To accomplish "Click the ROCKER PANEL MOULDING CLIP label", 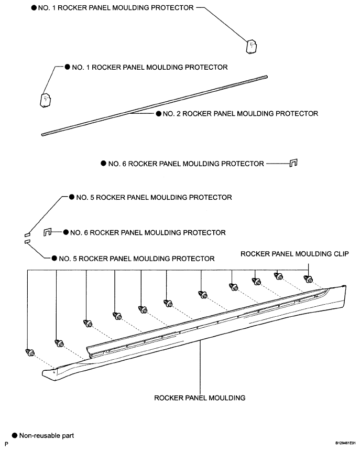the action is click(294, 254).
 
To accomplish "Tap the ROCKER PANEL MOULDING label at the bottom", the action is click(200, 398).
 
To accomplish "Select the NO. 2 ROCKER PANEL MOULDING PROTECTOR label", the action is click(241, 114).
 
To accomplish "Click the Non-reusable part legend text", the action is click(47, 435).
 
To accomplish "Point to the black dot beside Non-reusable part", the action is click(14, 435).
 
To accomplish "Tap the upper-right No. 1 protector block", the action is click(252, 46).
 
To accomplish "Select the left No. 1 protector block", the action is click(46, 100).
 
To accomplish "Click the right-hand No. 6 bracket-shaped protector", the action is click(293, 163).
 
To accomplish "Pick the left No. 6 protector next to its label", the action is click(47, 232).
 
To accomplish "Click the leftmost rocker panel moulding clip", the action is click(30, 352).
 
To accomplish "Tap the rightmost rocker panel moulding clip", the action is click(308, 278).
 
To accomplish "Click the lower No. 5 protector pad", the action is click(27, 242).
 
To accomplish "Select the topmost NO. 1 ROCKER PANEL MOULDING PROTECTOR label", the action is click(116, 8).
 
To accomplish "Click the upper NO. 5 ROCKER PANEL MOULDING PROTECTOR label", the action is click(154, 197).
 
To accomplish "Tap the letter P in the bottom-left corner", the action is click(7, 444).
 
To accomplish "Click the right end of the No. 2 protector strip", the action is click(266, 77).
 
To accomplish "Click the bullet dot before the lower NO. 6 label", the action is click(66, 232).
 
